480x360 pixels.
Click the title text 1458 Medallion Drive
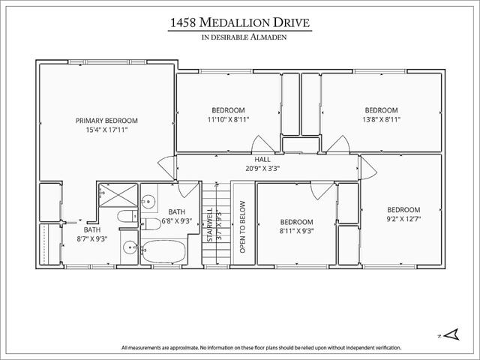click(x=240, y=22)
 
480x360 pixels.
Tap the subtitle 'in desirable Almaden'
click(x=244, y=37)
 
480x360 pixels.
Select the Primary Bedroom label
click(x=106, y=121)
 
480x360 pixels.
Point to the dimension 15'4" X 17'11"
click(x=106, y=130)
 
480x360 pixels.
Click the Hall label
click(x=262, y=160)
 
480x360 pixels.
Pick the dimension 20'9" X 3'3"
click(x=262, y=168)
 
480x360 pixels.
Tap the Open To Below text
click(x=243, y=226)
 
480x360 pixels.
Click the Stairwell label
click(x=210, y=225)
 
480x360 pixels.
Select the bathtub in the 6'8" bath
click(x=164, y=251)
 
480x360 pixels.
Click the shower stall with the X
click(x=118, y=195)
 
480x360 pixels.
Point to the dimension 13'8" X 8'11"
click(x=381, y=119)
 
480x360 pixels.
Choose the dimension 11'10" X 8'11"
click(x=228, y=119)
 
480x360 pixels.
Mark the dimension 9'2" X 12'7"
click(x=403, y=219)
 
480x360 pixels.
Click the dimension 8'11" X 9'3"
click(x=297, y=231)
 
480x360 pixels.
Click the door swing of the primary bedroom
click(x=166, y=167)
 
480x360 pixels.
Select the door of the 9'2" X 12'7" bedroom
click(x=369, y=168)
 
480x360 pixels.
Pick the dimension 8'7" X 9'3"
click(x=92, y=238)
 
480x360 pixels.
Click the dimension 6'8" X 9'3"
click(x=177, y=220)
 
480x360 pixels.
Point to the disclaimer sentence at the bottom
click(x=261, y=348)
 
